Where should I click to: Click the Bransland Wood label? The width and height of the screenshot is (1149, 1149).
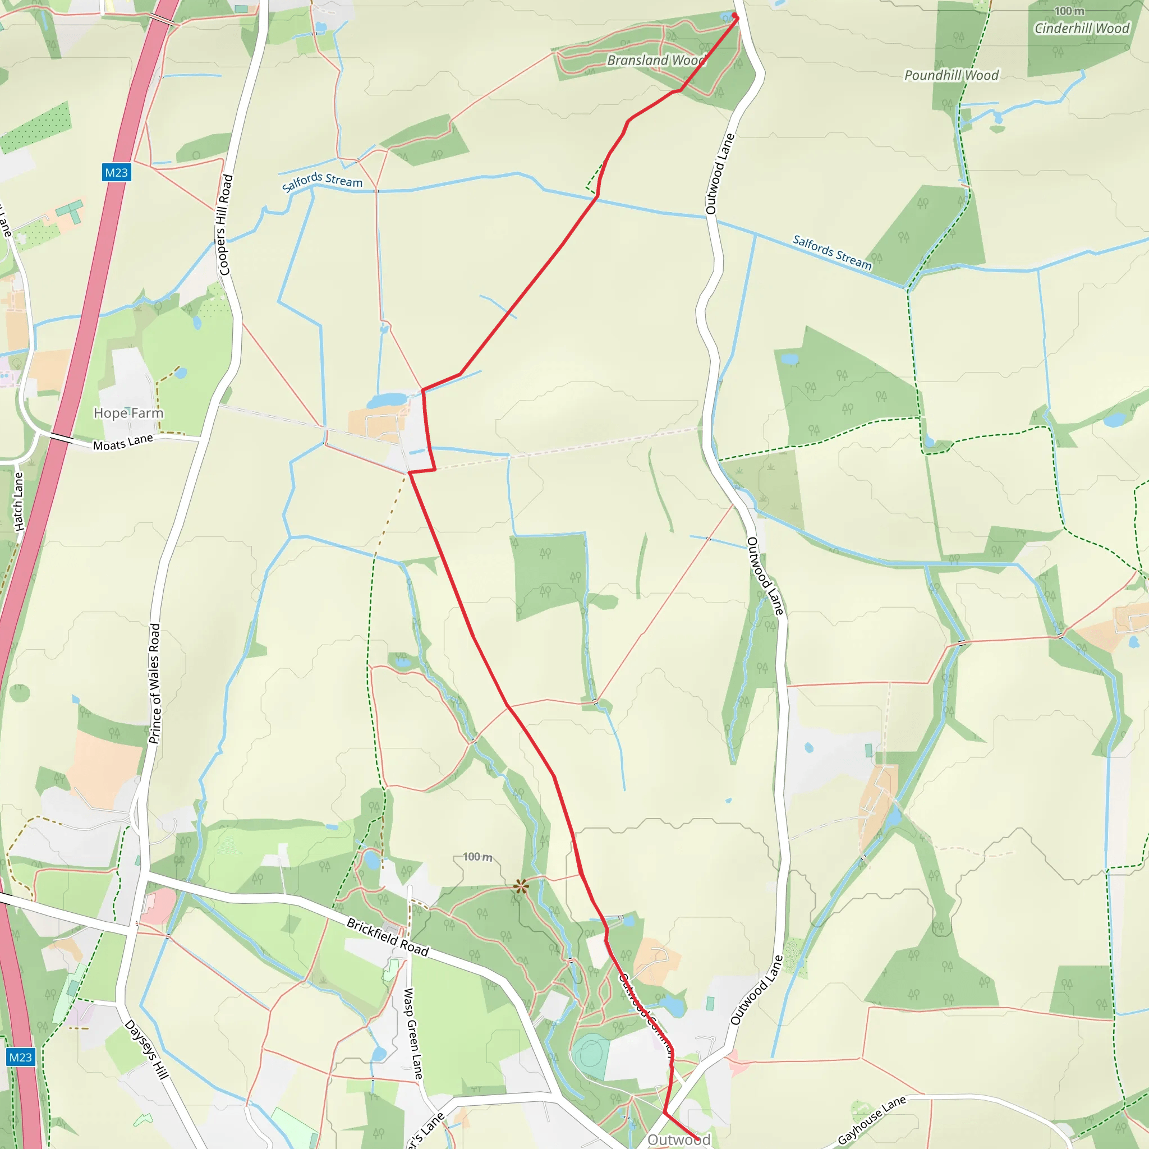pyautogui.click(x=656, y=60)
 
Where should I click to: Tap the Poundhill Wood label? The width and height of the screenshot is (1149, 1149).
pyautogui.click(x=951, y=76)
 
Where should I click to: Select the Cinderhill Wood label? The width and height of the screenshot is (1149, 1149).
pyautogui.click(x=1082, y=29)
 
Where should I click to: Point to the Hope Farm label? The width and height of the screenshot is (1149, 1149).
pyautogui.click(x=128, y=413)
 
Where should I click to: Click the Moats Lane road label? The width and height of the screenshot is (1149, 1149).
pyautogui.click(x=123, y=442)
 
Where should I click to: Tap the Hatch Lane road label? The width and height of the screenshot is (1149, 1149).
pyautogui.click(x=19, y=502)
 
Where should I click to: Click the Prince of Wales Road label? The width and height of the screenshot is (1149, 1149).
pyautogui.click(x=155, y=683)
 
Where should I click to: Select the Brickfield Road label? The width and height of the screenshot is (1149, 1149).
pyautogui.click(x=388, y=937)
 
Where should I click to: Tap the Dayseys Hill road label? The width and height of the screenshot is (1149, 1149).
pyautogui.click(x=146, y=1050)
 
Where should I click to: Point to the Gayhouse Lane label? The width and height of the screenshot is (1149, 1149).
pyautogui.click(x=871, y=1120)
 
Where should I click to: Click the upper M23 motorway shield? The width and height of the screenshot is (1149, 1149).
pyautogui.click(x=116, y=172)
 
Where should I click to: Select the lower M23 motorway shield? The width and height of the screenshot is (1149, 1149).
pyautogui.click(x=20, y=1057)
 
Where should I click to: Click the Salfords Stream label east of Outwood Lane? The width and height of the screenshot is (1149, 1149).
pyautogui.click(x=832, y=252)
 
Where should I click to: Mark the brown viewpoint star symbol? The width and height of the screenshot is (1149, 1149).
pyautogui.click(x=521, y=887)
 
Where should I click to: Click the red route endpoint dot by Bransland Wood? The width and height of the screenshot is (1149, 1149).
pyautogui.click(x=735, y=16)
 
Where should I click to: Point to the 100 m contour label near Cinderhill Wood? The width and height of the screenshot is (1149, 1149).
pyautogui.click(x=1069, y=11)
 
